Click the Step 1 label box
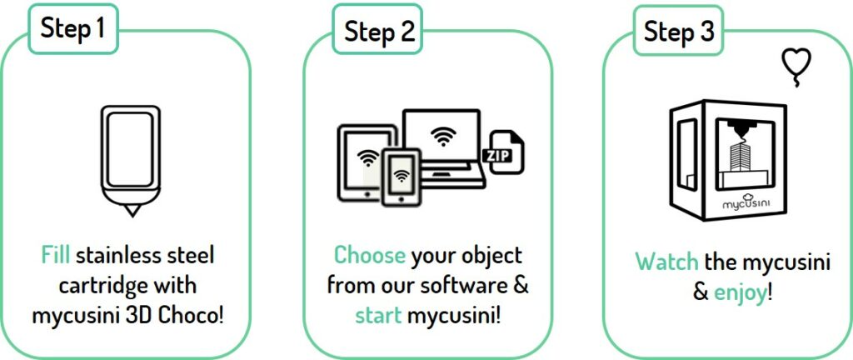[x=73, y=29]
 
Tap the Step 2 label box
[x=377, y=29]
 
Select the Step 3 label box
[x=678, y=30]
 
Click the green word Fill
[x=56, y=255]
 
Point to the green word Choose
[x=369, y=255]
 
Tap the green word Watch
[x=667, y=262]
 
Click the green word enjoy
[x=740, y=293]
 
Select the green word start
[x=378, y=315]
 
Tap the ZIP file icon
[x=505, y=152]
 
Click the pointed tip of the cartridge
[x=131, y=216]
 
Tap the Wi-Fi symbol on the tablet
[x=368, y=158]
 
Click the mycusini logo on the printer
[x=746, y=202]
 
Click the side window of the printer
[x=687, y=154]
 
